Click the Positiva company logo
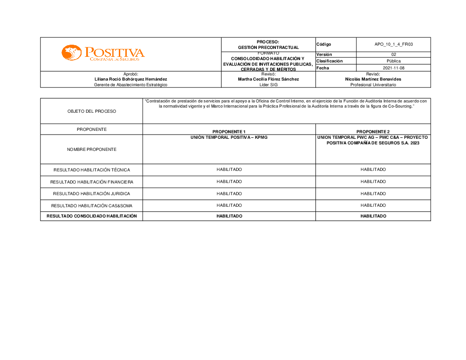pos(103,53)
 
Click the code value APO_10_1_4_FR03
pos(393,44)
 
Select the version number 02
pos(393,54)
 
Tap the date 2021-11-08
pos(393,68)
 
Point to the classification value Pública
pos(393,61)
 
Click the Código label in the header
pos(324,44)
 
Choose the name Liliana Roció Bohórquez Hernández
pos(130,79)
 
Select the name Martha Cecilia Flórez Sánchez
pos(268,79)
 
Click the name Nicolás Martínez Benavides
pos(373,79)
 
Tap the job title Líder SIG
pos(268,85)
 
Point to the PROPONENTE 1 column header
pos(229,132)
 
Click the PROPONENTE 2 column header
pos(373,132)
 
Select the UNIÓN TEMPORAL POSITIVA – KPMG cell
pos(229,138)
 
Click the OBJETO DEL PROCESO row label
pos(92,111)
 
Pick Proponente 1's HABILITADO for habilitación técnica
pos(229,170)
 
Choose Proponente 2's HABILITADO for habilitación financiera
pos(373,182)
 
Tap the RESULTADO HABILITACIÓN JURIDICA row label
pos(92,194)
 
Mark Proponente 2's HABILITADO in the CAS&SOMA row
pos(373,205)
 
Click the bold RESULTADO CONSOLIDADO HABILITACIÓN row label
pos(92,216)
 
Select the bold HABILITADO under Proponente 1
pos(229,216)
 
